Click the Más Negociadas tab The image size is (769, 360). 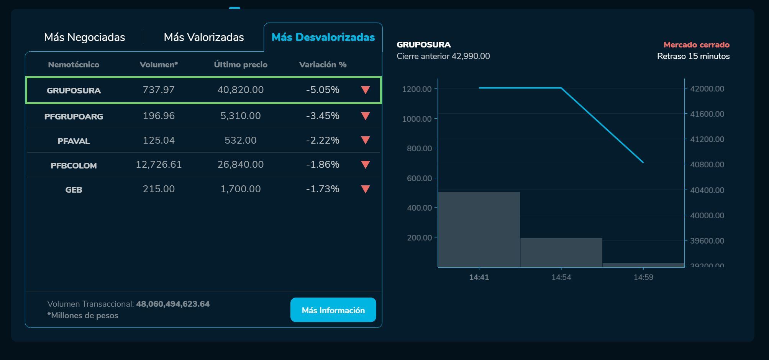coord(84,37)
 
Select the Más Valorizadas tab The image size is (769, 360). coord(203,37)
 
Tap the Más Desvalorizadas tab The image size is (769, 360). coord(323,37)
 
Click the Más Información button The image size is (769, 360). coord(333,310)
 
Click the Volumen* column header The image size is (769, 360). coord(159,65)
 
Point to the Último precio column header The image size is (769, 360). coord(241,65)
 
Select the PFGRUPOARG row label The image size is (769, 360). coord(74,116)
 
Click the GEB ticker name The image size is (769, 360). coord(74,190)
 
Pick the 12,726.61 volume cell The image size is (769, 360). coord(159,165)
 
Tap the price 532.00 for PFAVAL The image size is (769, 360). coord(241,140)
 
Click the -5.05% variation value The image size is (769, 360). coord(323,90)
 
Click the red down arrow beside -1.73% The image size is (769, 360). coord(366,189)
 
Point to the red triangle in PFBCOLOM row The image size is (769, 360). coord(366,165)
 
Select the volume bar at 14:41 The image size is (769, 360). coord(479,229)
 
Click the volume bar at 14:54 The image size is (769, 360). coord(561,253)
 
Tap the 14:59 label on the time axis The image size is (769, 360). coord(643,277)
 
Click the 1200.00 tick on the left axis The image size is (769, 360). coord(417,89)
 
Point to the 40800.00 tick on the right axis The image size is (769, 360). coord(707,165)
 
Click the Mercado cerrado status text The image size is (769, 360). coord(696,45)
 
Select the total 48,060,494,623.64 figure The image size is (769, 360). coord(173,304)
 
